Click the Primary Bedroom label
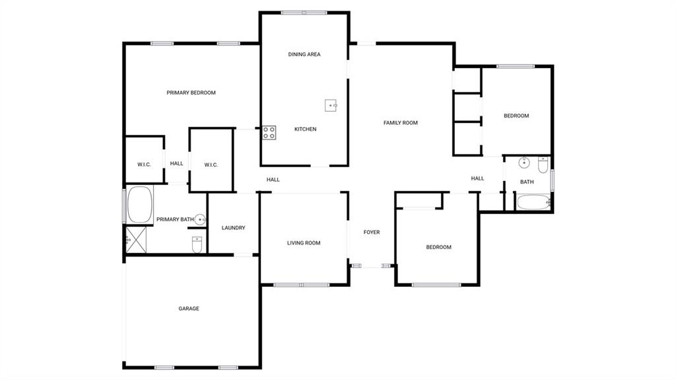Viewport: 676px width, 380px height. click(191, 93)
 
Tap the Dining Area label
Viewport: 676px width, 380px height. click(304, 54)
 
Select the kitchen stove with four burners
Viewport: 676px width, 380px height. click(269, 133)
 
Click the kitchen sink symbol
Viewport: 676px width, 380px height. click(331, 105)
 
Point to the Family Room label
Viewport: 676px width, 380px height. click(401, 123)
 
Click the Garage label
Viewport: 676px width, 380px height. click(189, 309)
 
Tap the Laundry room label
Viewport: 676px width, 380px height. click(233, 227)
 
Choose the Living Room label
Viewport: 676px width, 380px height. click(304, 243)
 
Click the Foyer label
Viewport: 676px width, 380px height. click(372, 233)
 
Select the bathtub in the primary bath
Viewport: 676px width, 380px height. click(140, 205)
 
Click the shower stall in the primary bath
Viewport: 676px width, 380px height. click(136, 240)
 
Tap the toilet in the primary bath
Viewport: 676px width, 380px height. click(197, 245)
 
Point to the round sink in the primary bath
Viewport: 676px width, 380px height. click(200, 219)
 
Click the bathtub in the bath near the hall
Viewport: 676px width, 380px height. click(533, 202)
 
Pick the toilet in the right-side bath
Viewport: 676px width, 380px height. click(543, 165)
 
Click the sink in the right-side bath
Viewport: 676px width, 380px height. click(524, 163)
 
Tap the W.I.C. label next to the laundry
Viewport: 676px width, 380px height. click(211, 165)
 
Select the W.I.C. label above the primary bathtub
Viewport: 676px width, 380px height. click(144, 165)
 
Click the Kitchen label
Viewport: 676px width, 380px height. click(305, 129)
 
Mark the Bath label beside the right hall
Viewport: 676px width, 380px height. click(527, 182)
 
